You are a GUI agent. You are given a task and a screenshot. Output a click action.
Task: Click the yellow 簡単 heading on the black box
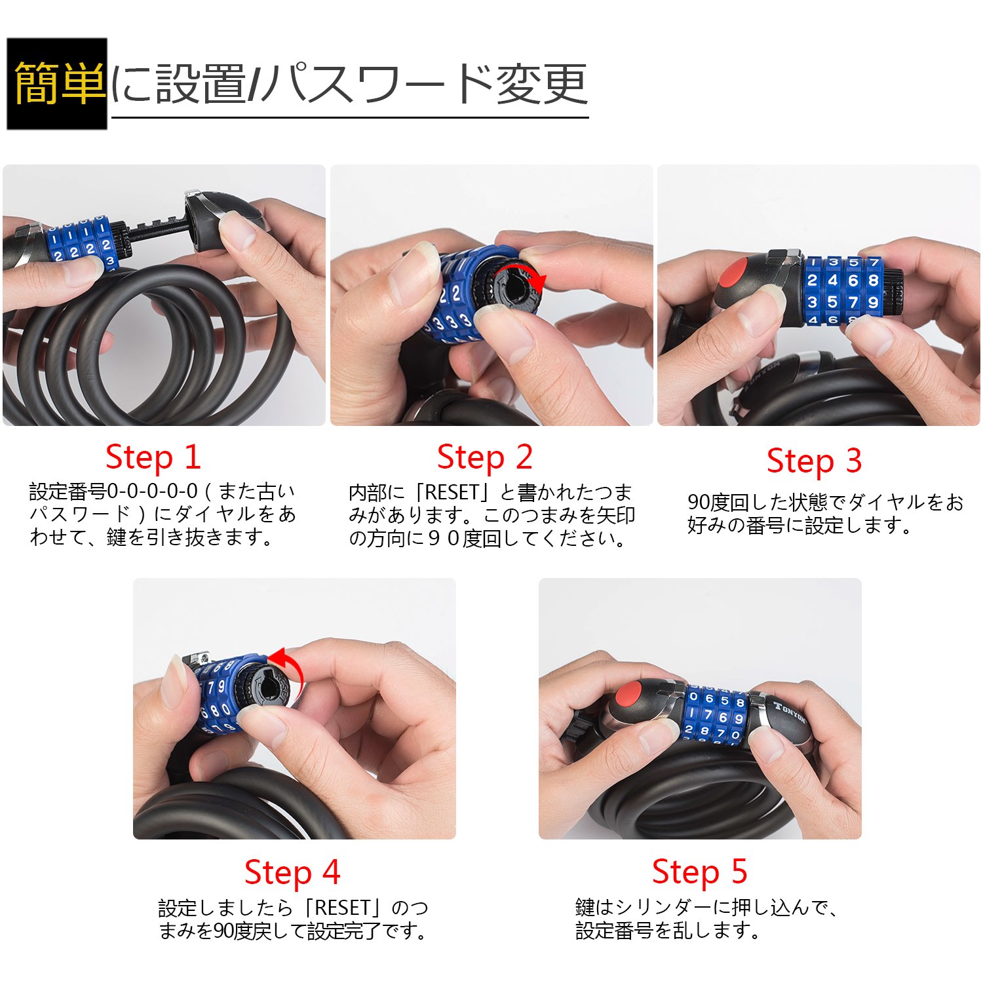(59, 83)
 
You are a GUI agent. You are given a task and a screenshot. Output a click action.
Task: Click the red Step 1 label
(153, 457)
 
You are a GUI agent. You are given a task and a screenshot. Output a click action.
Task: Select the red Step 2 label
(484, 457)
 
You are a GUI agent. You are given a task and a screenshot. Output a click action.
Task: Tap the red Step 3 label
(814, 461)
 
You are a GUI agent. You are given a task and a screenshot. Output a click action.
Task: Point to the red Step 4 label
(292, 872)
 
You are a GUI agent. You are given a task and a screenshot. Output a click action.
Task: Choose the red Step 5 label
(699, 872)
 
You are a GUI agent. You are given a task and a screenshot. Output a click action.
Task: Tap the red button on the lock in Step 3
(735, 273)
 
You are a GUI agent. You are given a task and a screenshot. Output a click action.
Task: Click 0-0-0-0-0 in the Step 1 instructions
(152, 491)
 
